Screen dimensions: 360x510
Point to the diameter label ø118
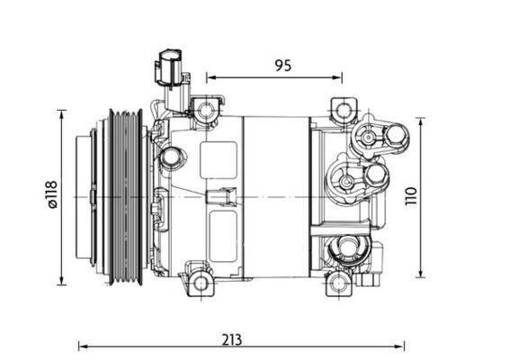point(52,195)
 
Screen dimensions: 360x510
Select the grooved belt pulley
point(125,196)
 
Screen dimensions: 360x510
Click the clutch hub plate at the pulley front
point(88,196)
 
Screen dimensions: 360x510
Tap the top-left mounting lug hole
point(208,112)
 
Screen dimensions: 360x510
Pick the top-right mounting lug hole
point(342,112)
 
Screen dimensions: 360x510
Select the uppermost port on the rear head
point(368,139)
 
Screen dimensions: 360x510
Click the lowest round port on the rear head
point(344,249)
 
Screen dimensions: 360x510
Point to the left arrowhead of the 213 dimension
point(82,346)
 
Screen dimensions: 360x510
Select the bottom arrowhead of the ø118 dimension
point(62,279)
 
